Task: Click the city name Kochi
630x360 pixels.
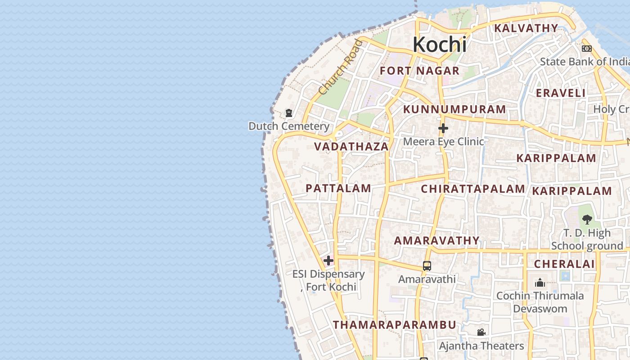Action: [439, 45]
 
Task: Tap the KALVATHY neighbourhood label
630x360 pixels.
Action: [526, 28]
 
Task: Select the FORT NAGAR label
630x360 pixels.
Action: [419, 71]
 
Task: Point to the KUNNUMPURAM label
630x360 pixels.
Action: [454, 109]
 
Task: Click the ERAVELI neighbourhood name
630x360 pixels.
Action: [561, 93]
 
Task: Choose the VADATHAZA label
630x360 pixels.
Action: [351, 147]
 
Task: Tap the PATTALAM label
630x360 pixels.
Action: [338, 189]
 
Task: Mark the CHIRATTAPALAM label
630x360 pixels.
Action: [473, 189]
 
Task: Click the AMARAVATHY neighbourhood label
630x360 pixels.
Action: [437, 241]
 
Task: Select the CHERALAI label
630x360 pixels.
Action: [564, 264]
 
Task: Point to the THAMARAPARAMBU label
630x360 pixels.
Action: [395, 325]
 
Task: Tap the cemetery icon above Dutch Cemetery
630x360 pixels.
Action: [289, 113]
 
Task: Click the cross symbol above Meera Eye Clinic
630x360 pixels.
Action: [443, 129]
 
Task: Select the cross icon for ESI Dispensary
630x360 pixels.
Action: [328, 261]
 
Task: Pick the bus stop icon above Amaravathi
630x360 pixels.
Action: [427, 266]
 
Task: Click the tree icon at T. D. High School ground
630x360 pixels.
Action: [587, 220]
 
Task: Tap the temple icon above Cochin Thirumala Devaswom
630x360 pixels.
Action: [540, 283]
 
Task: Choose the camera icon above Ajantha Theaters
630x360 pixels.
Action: [481, 332]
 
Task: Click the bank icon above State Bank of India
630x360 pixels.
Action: [587, 49]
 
